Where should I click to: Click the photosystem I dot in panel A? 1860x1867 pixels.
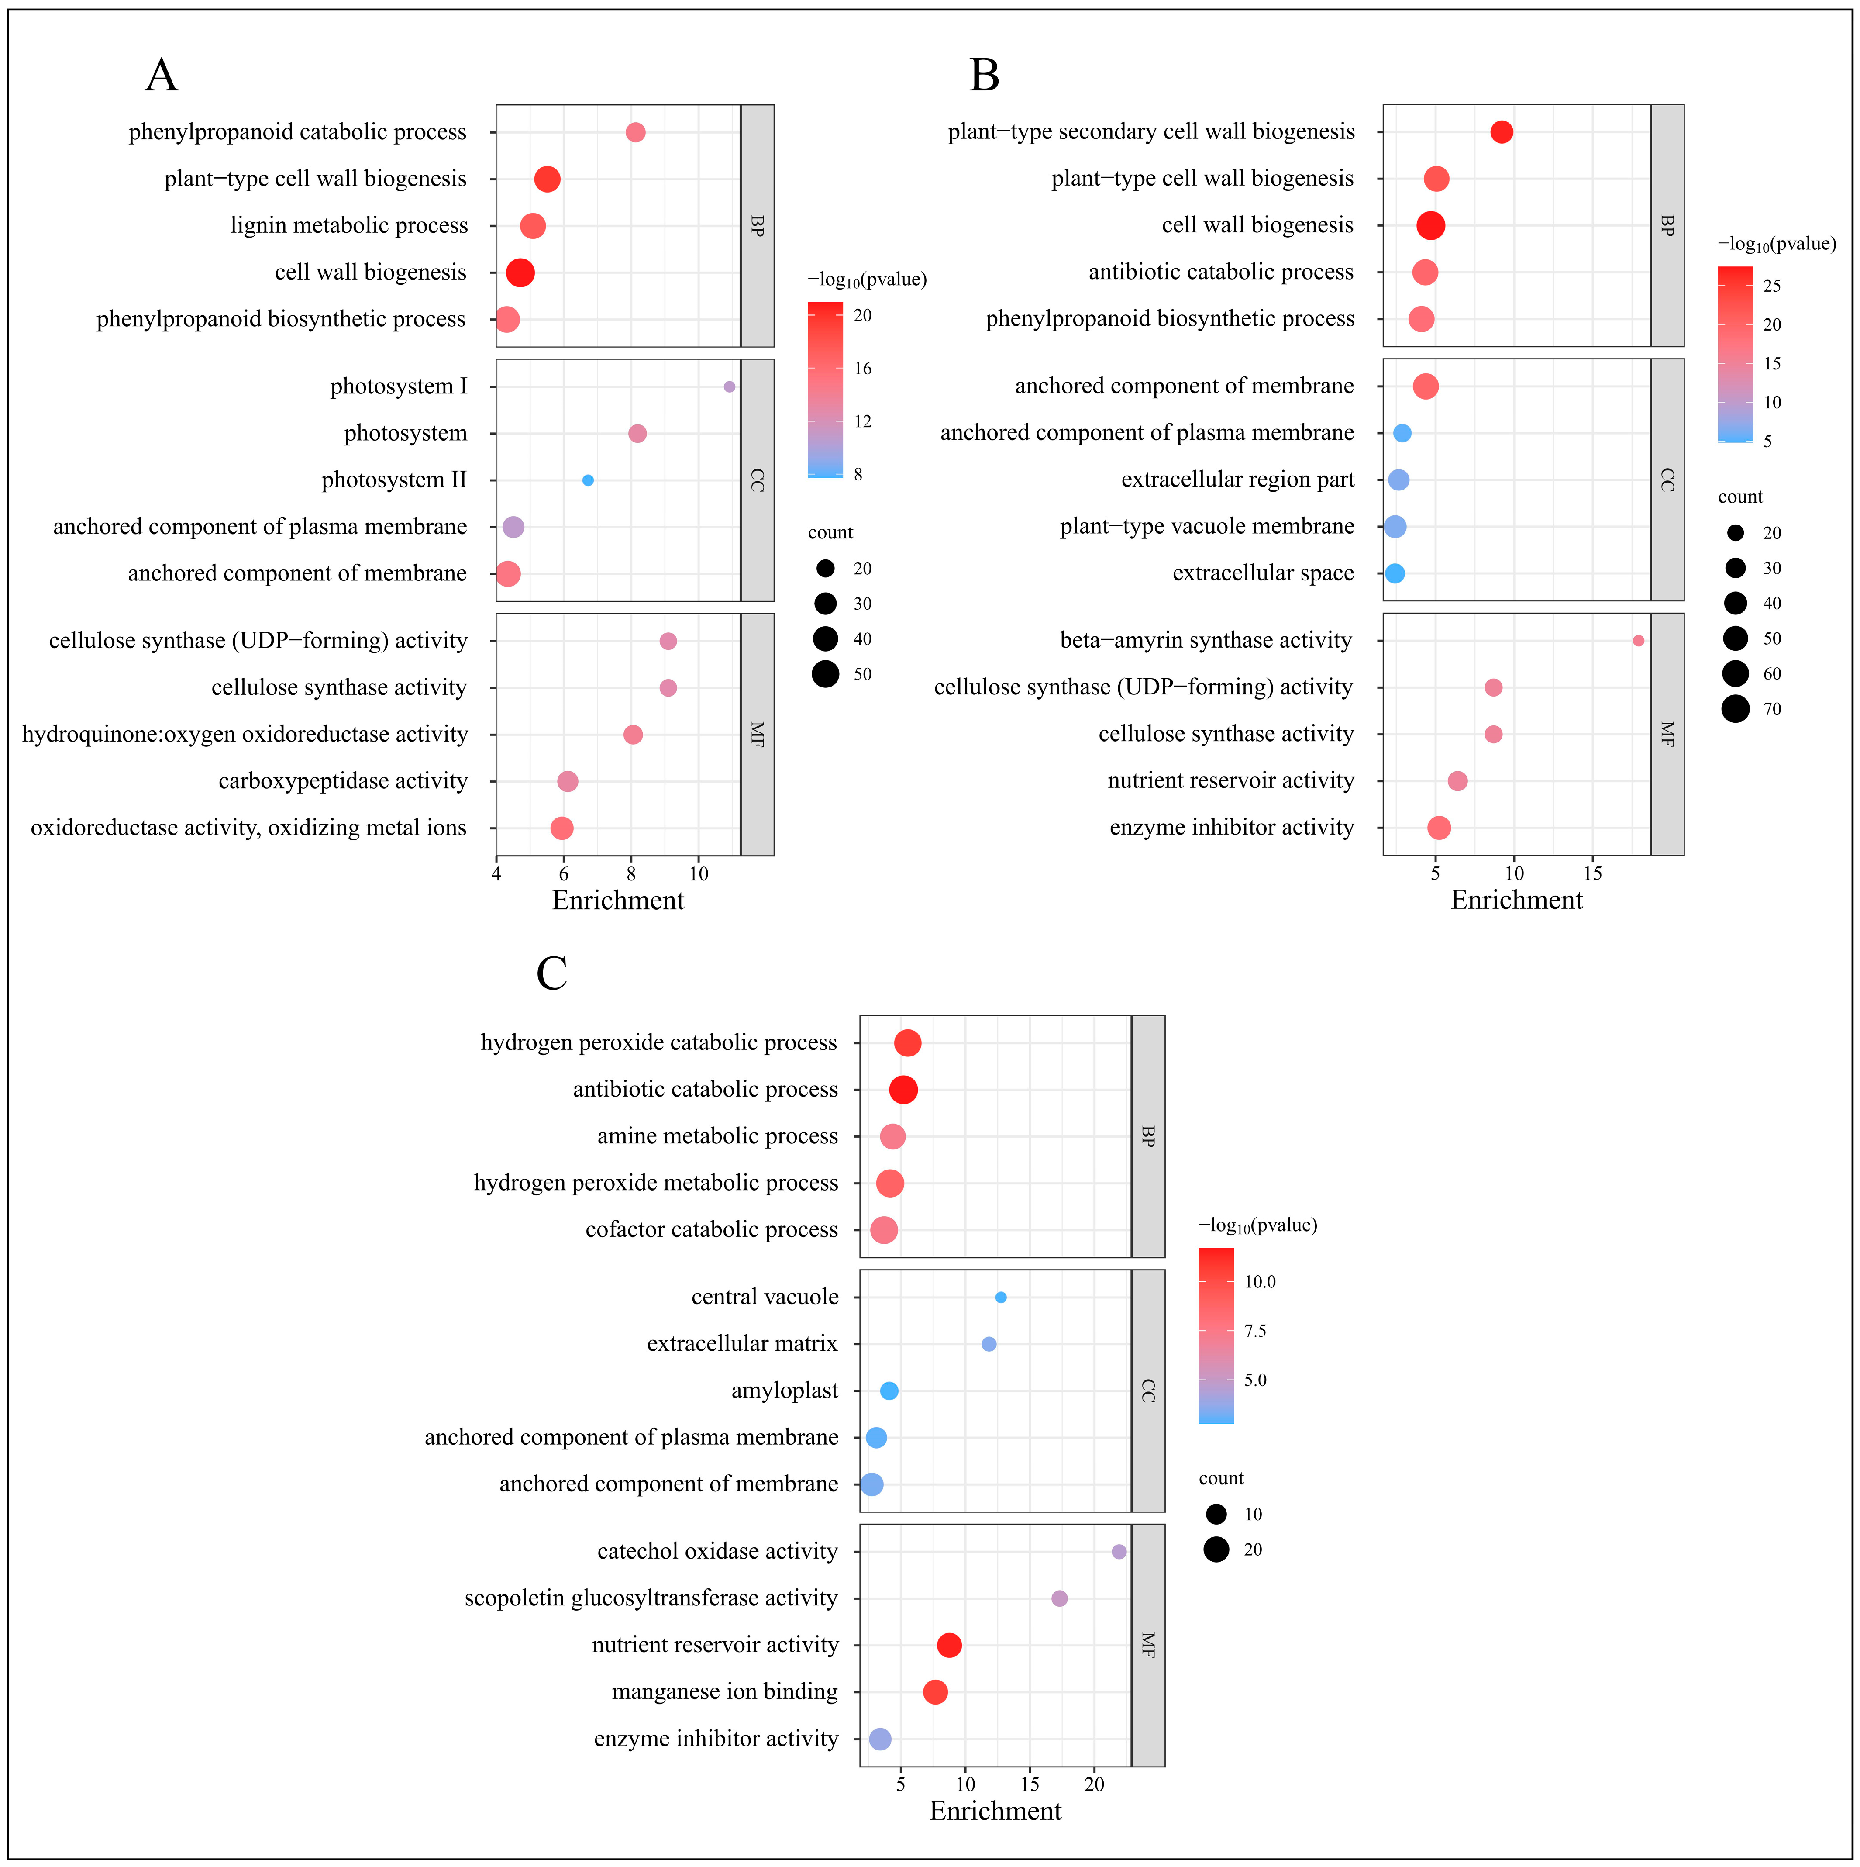tap(730, 387)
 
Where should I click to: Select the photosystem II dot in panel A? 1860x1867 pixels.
tap(587, 480)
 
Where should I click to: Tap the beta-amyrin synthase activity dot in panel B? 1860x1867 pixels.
tap(1638, 641)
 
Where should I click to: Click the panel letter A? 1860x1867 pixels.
tap(162, 76)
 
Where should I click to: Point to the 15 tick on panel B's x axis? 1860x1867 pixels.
tap(1592, 873)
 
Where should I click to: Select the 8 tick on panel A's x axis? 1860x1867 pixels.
tap(631, 873)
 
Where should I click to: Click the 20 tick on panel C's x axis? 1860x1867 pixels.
tap(1094, 1784)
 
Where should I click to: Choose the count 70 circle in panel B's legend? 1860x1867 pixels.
tap(1736, 709)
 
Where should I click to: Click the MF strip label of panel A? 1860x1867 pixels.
tap(758, 735)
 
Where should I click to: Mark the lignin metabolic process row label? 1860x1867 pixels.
tap(349, 225)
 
